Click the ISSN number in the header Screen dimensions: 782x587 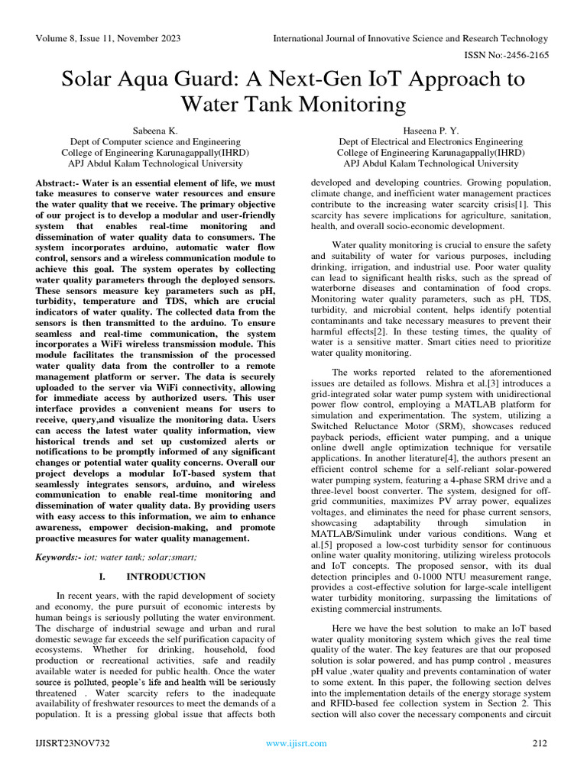click(x=508, y=55)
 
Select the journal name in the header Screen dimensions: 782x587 click(x=411, y=39)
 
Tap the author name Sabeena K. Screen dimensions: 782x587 click(x=155, y=131)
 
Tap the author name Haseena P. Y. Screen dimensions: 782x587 click(x=431, y=131)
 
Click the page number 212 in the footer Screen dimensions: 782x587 click(x=540, y=743)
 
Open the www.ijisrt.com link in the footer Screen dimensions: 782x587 click(x=290, y=743)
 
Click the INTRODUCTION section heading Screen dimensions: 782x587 click(x=166, y=577)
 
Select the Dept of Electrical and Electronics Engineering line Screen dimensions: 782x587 click(x=431, y=142)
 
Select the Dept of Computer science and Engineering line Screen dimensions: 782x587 click(x=155, y=142)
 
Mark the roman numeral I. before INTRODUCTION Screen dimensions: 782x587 click(x=102, y=577)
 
